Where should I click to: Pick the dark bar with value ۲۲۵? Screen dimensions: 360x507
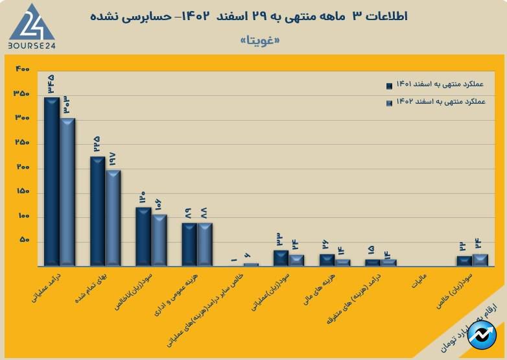click(97, 211)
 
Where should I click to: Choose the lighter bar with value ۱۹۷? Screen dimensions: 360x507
click(113, 217)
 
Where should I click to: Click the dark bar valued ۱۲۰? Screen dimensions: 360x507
click(143, 236)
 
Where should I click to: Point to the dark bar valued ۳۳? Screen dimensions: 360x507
click(281, 258)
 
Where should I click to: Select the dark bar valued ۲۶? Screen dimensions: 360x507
click(327, 259)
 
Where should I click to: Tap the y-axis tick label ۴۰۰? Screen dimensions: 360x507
click(23, 69)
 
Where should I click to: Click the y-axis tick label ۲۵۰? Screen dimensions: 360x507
click(23, 143)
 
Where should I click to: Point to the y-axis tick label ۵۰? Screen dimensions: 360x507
click(25, 241)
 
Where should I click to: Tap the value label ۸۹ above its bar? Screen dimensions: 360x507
click(189, 213)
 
